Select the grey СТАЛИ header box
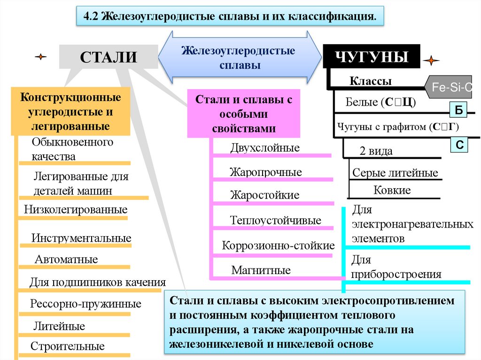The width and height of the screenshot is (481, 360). click(x=108, y=57)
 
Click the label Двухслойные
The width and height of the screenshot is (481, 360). click(x=264, y=148)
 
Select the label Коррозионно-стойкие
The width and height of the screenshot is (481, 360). click(x=278, y=245)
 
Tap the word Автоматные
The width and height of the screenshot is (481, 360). click(x=66, y=260)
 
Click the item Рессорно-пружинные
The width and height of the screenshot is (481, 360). click(x=85, y=304)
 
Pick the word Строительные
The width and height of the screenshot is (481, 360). click(x=68, y=347)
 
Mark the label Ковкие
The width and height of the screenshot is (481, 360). click(x=392, y=190)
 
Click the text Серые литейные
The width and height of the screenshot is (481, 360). click(x=395, y=173)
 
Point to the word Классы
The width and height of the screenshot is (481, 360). click(x=371, y=81)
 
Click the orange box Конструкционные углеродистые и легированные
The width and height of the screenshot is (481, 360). click(x=70, y=112)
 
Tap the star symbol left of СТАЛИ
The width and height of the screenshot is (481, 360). click(x=41, y=57)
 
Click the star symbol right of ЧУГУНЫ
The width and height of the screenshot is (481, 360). click(x=431, y=61)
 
